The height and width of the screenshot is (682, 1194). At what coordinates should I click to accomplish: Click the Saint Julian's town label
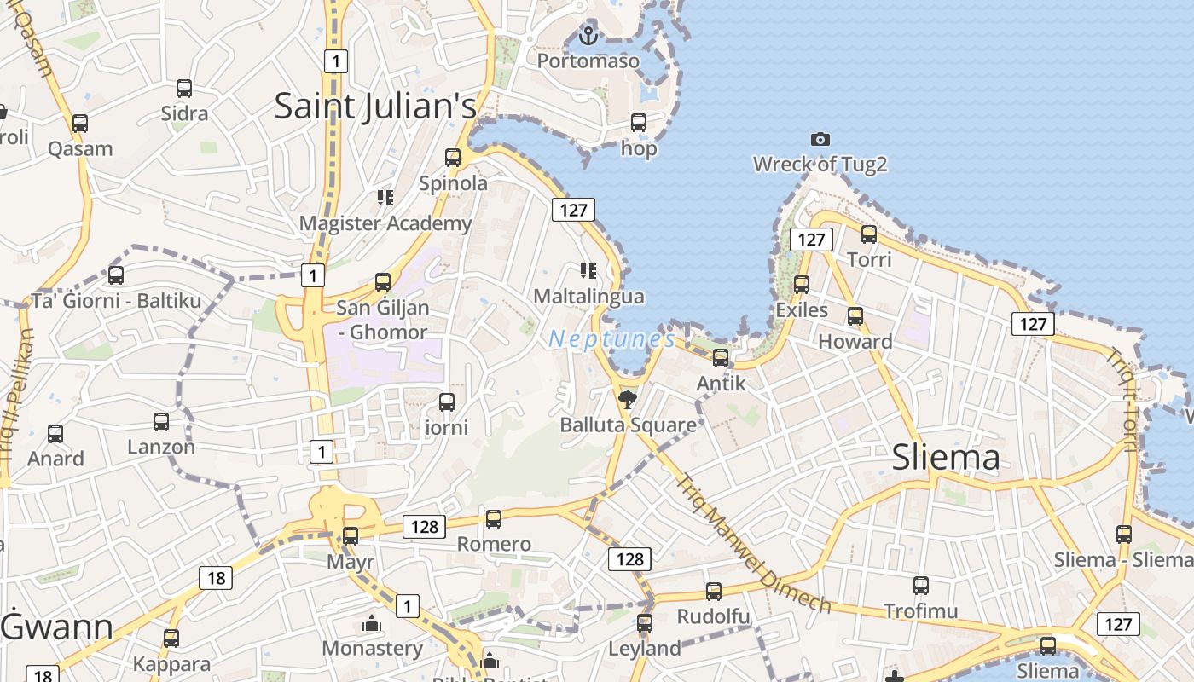pos(375,106)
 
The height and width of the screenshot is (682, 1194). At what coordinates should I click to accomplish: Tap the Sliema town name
pos(946,458)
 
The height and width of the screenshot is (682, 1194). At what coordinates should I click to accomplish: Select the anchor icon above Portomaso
pos(588,36)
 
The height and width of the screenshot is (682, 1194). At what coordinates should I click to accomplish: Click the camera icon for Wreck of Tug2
pos(820,139)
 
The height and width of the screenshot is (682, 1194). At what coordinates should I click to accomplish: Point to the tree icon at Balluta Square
pos(628,399)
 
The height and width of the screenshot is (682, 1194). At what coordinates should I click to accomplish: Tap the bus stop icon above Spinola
pos(453,158)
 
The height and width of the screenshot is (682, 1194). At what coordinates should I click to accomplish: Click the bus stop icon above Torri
pos(869,234)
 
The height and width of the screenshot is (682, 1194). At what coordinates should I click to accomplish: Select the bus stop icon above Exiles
pos(802,285)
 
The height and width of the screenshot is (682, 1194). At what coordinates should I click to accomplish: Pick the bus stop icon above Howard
pos(855,316)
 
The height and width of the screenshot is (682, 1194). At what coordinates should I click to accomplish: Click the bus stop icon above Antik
pos(721,358)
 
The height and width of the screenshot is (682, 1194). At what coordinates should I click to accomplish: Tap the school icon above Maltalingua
pos(588,271)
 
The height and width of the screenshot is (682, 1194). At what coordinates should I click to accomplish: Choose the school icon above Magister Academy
pos(385,198)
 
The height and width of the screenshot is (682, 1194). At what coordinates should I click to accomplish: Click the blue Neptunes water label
pos(611,339)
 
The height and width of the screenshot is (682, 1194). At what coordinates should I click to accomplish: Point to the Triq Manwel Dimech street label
pos(753,543)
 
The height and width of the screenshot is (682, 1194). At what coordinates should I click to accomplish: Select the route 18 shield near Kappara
pos(216,578)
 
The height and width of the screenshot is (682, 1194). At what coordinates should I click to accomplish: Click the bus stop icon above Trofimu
pos(921,586)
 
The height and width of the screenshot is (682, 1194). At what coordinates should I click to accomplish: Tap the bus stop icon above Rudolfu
pos(714,592)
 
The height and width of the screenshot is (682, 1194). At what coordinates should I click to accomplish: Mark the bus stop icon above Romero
pos(494,518)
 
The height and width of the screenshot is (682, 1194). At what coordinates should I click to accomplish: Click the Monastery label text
pos(372,648)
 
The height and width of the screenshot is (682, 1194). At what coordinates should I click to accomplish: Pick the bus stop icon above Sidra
pos(184,88)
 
